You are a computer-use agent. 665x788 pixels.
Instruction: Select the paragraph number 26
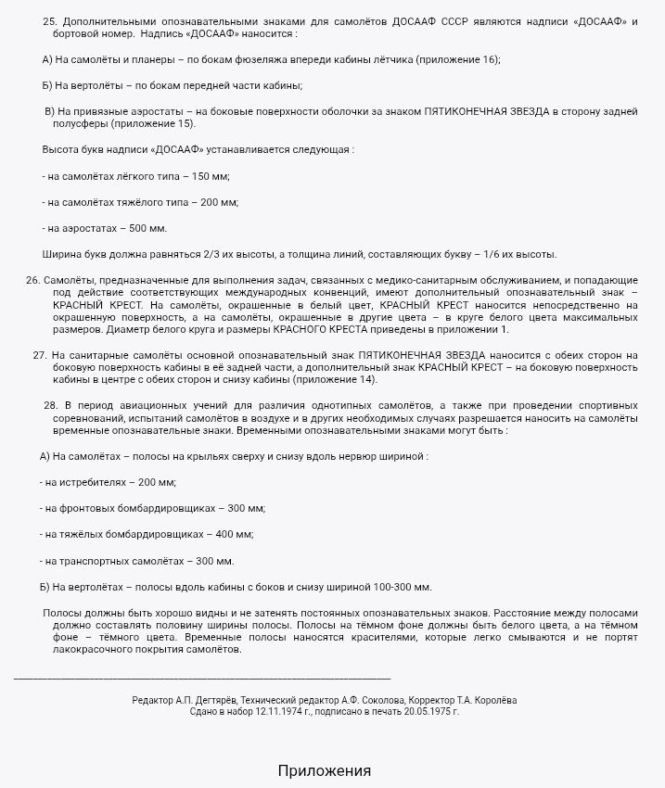32,280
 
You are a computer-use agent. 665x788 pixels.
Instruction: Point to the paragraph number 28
51,406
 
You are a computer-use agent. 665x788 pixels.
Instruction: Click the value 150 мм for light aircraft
210,176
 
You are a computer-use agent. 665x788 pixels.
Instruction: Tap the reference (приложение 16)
454,59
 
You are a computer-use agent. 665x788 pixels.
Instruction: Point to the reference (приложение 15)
153,123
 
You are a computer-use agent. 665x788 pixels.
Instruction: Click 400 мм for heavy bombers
234,535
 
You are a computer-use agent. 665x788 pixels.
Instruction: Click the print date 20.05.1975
427,712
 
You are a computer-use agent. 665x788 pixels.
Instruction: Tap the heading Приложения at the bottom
324,771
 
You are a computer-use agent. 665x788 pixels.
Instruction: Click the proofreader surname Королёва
493,700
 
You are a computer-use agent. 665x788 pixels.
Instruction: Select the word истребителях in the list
91,483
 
